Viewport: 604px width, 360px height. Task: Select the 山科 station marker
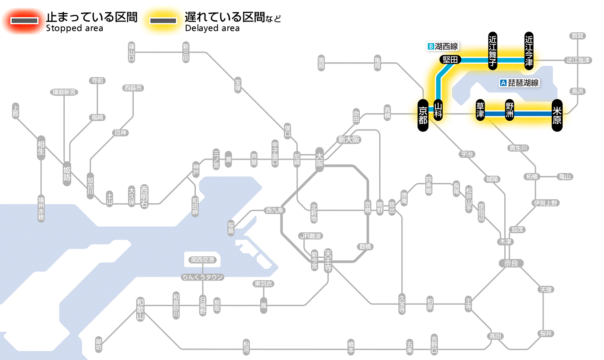click(438, 110)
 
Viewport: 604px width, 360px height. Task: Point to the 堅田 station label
click(450, 60)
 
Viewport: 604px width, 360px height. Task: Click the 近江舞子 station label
click(493, 51)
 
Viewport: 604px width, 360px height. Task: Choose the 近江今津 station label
click(529, 51)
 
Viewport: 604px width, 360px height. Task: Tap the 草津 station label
click(480, 111)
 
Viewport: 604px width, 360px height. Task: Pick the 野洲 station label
click(510, 111)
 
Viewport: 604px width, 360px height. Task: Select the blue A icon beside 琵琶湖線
click(503, 83)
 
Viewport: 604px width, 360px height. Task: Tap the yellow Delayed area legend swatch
click(163, 20)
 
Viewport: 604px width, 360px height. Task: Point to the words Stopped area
click(74, 28)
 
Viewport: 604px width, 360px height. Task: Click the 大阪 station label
click(320, 159)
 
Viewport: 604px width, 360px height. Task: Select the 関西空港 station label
click(202, 260)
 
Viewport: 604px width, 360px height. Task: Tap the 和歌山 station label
click(140, 309)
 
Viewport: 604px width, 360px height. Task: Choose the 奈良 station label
click(510, 263)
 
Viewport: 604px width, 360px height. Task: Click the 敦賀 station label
click(578, 36)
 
